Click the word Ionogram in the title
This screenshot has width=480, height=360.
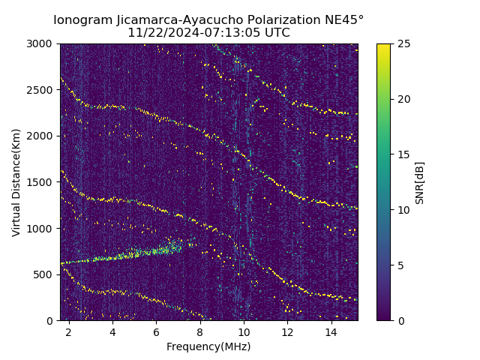point(83,19)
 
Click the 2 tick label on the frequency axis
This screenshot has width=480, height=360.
point(69,331)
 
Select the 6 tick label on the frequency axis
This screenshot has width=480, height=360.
point(156,331)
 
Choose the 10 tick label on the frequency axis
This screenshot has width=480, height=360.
point(244,331)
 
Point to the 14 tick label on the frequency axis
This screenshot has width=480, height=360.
point(331,331)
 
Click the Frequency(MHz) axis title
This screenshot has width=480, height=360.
point(208,346)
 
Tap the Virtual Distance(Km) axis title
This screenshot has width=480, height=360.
point(16,182)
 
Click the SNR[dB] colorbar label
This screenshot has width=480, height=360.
point(420,182)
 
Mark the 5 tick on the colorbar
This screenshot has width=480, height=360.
point(401,265)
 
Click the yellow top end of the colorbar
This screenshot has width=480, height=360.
point(383,46)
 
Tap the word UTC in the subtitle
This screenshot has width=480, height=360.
point(277,33)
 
